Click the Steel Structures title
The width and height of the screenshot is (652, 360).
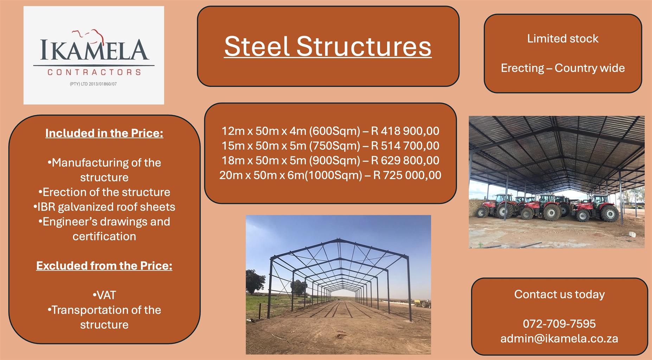click(328, 46)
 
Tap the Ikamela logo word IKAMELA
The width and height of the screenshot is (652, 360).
click(94, 50)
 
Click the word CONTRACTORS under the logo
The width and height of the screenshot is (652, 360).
click(94, 72)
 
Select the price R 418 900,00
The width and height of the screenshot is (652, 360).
click(405, 131)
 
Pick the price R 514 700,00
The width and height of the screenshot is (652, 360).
click(405, 146)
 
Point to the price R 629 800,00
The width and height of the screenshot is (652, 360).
click(405, 160)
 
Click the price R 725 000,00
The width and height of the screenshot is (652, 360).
click(407, 175)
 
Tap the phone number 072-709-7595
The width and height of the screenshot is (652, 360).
click(559, 323)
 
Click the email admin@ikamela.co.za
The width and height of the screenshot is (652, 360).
click(559, 338)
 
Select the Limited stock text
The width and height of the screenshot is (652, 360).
click(563, 38)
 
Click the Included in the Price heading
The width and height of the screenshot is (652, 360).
click(104, 133)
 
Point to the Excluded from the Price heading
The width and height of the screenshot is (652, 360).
click(104, 265)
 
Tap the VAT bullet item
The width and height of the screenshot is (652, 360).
click(104, 295)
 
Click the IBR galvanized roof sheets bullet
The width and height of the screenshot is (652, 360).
click(104, 207)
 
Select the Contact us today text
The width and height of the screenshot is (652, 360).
click(560, 294)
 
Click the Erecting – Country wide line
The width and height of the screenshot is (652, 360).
click(563, 68)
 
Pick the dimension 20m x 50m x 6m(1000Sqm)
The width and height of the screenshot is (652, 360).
click(291, 175)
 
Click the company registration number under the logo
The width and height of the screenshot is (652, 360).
click(93, 84)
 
